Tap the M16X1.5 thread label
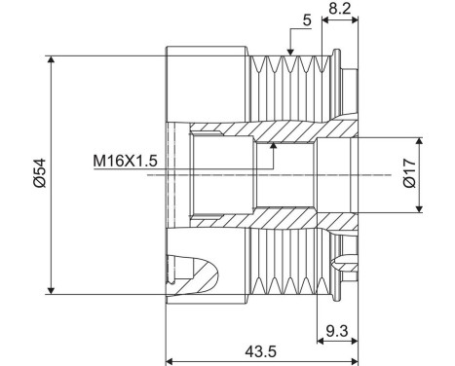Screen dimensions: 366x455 (125, 159)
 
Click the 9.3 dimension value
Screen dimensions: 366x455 (338, 331)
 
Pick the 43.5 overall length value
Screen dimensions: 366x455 (256, 351)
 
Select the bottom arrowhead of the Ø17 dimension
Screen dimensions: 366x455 (420, 208)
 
